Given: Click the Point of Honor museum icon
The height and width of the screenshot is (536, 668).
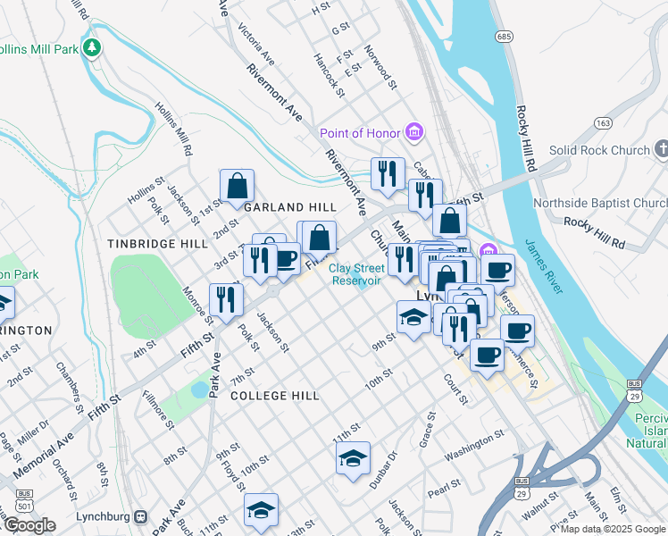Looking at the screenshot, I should [413, 132].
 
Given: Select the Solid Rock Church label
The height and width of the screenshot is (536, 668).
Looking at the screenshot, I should [599, 150].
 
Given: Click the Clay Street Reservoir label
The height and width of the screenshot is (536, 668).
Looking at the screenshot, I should [356, 273].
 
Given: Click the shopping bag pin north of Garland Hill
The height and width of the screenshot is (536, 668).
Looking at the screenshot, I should [238, 187].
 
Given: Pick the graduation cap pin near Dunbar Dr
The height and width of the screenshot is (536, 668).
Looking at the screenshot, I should [353, 459].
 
